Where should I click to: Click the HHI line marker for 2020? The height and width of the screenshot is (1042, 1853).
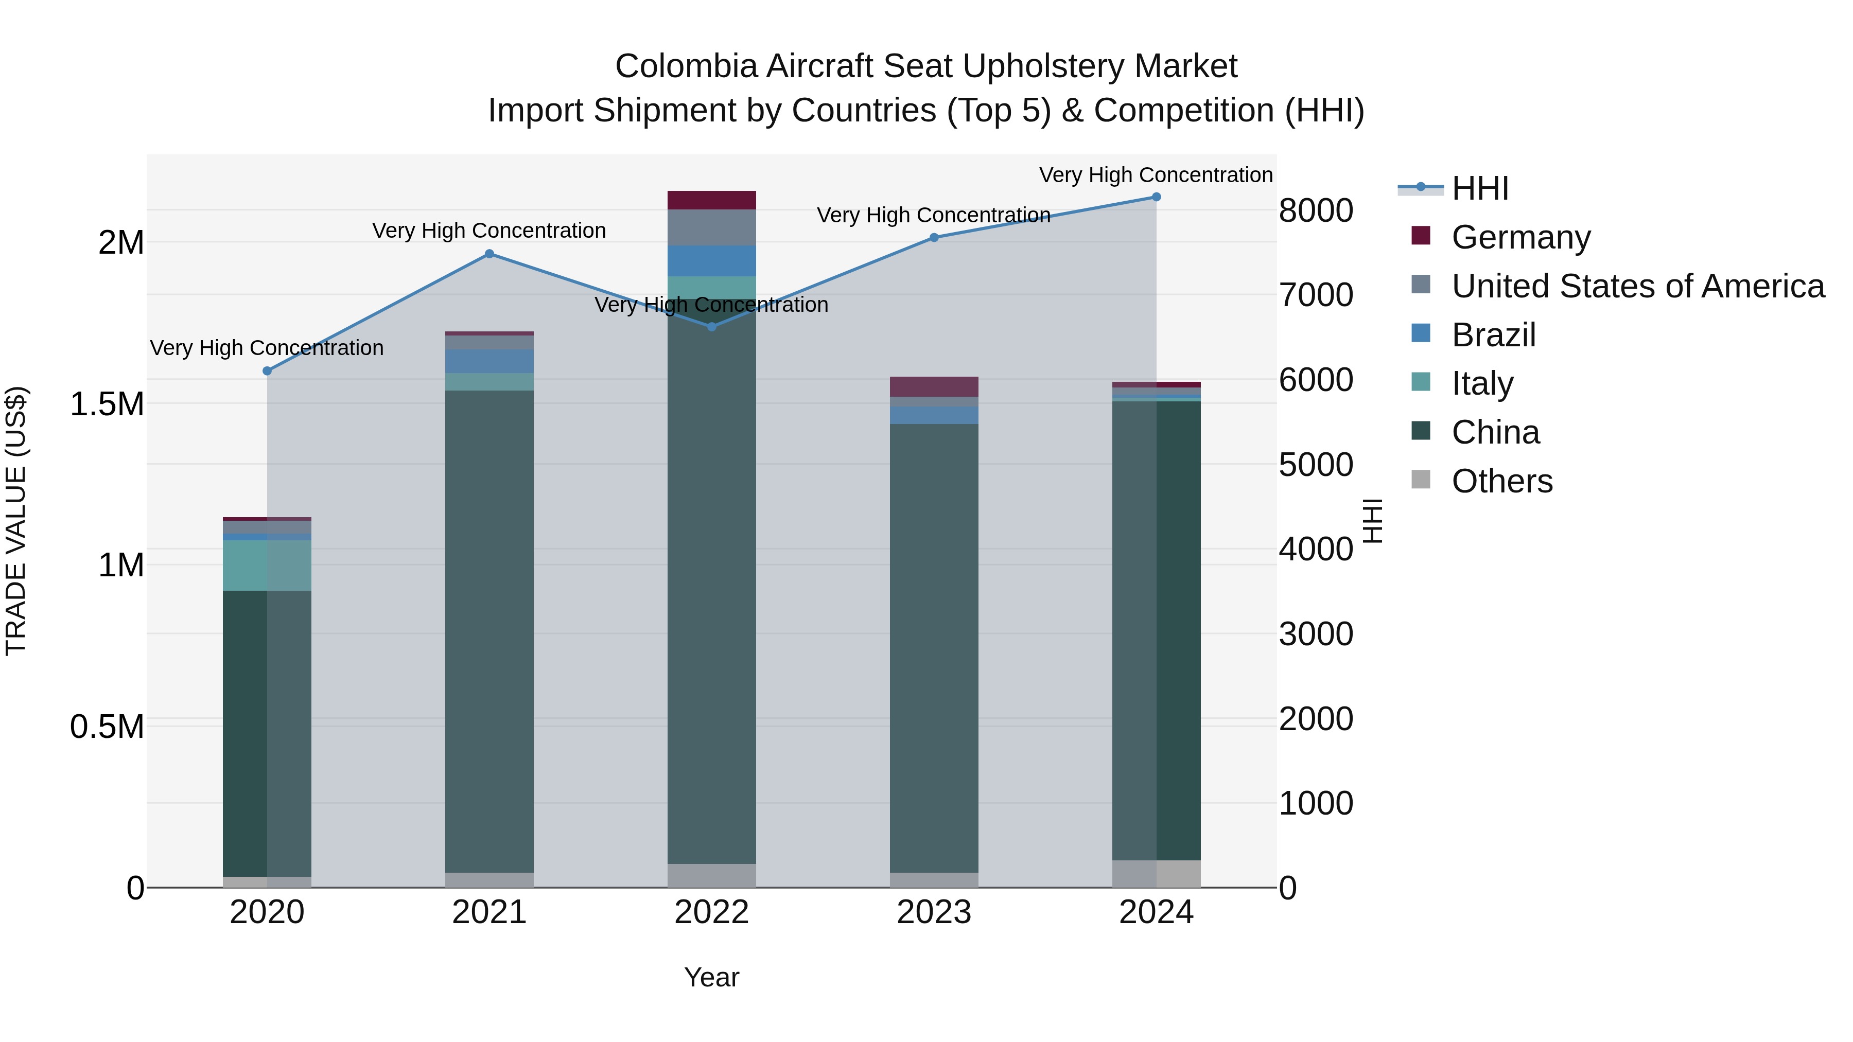click(267, 371)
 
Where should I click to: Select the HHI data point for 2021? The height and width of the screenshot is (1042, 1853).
click(489, 254)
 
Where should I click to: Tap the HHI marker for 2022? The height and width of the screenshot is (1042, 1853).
click(711, 326)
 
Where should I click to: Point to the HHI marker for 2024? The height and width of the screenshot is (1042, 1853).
click(1156, 197)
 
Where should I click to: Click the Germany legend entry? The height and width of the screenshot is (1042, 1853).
click(1520, 237)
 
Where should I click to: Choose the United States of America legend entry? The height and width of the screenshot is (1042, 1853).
click(1637, 286)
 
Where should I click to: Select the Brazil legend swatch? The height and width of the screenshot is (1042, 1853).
click(1421, 333)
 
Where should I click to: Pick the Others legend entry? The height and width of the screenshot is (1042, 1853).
click(1502, 481)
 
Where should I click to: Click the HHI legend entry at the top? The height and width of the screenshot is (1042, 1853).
click(1480, 188)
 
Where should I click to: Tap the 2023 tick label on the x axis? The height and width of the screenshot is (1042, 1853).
click(934, 912)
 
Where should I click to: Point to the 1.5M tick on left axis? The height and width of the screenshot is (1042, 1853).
click(107, 404)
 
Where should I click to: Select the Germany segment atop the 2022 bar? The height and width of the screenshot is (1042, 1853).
click(711, 200)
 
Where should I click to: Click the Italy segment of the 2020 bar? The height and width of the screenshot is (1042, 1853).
click(267, 565)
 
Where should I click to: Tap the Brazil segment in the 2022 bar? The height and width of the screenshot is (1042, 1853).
click(711, 260)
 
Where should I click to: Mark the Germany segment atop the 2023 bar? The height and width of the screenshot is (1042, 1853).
click(934, 386)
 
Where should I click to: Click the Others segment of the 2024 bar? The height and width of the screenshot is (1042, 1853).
click(1156, 873)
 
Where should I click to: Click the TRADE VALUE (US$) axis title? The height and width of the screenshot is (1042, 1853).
click(16, 521)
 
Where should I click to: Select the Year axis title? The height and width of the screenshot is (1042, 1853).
click(711, 977)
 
